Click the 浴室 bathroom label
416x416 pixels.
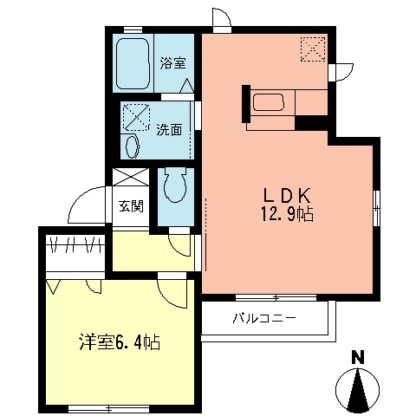coord(172,62)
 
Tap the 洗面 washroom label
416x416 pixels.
coord(169,131)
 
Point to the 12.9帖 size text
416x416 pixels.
coord(282,213)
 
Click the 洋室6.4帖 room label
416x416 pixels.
coord(114,341)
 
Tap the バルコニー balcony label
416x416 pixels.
coord(264,319)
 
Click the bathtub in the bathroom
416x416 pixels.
coord(134,63)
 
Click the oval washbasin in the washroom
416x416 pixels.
coord(132,145)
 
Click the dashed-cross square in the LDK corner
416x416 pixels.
coord(313,50)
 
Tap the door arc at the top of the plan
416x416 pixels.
coord(221,19)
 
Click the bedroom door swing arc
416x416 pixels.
coord(173,291)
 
